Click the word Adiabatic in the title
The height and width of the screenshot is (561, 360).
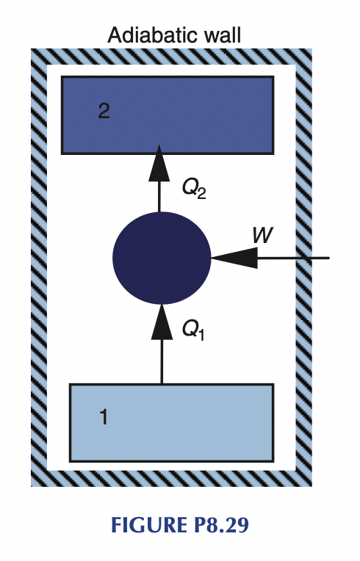click(151, 35)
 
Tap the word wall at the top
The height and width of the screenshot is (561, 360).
click(220, 35)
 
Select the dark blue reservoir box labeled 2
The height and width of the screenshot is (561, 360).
click(168, 115)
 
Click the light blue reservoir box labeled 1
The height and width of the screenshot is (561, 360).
click(171, 422)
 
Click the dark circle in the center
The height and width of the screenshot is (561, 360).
click(162, 258)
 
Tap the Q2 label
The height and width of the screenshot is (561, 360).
click(194, 190)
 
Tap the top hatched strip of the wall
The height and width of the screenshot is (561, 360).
click(170, 56)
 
